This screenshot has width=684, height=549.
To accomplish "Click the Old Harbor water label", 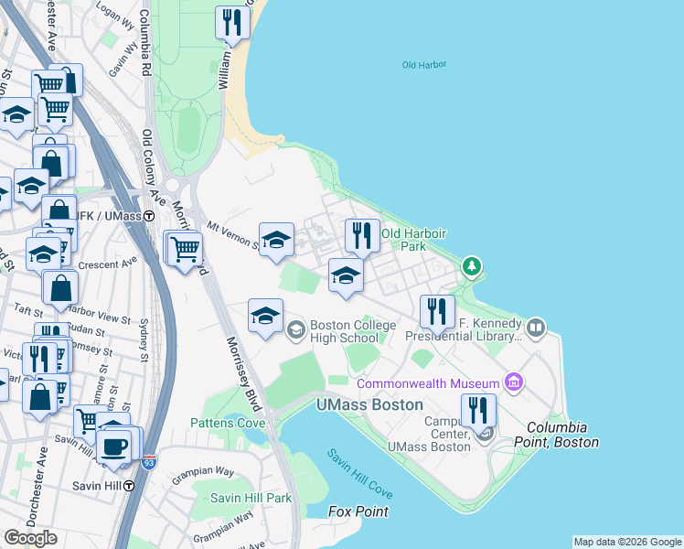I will point(423,65).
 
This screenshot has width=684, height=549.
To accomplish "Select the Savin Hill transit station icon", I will point(129,486).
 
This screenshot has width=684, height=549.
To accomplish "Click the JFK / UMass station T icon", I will point(160,215).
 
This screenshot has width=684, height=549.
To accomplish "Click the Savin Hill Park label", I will point(251,498).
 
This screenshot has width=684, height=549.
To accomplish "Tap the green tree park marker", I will point(472,266).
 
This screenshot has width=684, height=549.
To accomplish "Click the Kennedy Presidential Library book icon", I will point(536,326).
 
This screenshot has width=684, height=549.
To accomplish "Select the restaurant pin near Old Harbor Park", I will point(362,235).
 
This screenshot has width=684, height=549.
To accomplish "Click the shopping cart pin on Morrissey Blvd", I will point(186,247).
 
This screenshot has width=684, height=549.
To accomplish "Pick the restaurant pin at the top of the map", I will point(232,22).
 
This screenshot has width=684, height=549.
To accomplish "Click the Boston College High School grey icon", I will point(296,330).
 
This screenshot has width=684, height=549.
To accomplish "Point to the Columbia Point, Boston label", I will point(561,435).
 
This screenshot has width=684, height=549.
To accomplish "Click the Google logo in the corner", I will point(30,538).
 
